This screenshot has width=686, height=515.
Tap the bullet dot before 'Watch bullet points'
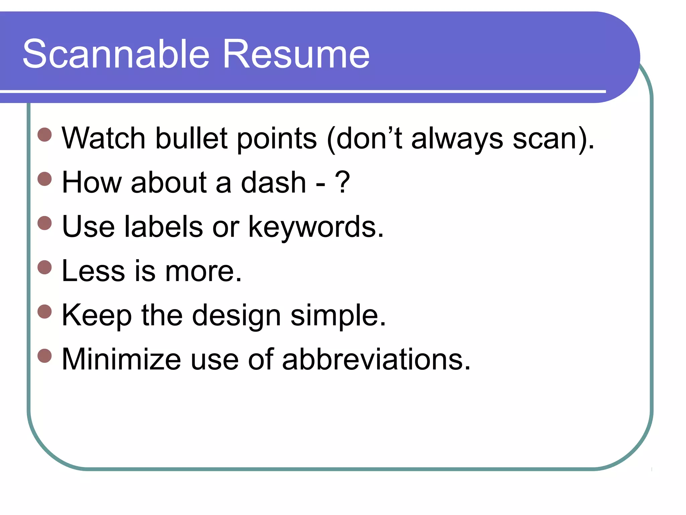click(45, 134)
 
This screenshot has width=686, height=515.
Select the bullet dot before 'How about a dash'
click(45, 179)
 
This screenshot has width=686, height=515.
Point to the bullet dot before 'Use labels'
click(45, 223)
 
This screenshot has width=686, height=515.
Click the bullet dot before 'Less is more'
click(45, 267)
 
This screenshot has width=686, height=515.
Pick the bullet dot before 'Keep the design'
click(45, 311)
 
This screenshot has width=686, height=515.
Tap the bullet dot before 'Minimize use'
click(45, 356)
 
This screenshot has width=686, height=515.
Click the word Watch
click(104, 138)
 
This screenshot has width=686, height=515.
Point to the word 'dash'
click(273, 182)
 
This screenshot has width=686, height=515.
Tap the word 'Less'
click(93, 271)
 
